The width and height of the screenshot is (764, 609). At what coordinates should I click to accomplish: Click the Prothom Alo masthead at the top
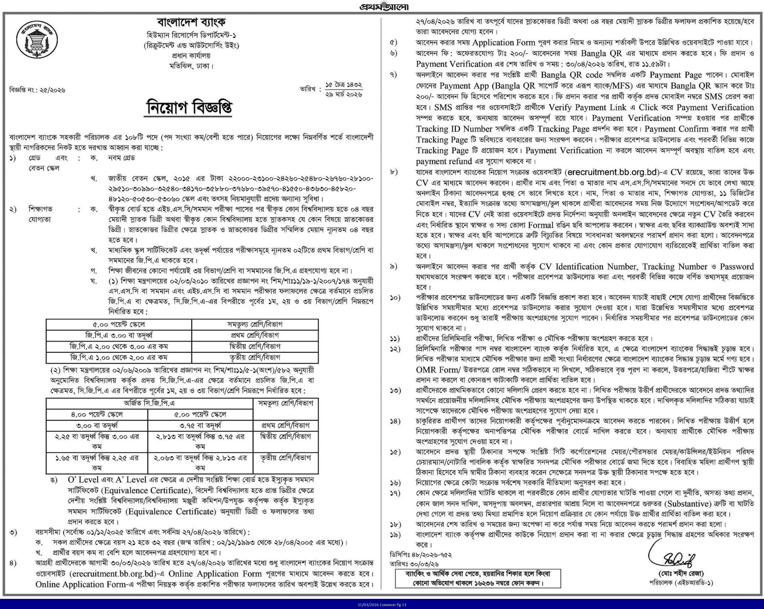tap(384, 6)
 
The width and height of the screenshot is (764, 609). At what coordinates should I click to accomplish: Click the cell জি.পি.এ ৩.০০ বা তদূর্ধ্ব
tap(119, 335)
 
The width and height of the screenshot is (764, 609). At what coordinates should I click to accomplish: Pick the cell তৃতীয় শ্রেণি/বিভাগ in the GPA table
tap(254, 357)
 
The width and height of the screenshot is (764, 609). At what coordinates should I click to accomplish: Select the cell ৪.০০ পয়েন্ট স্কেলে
tap(97, 414)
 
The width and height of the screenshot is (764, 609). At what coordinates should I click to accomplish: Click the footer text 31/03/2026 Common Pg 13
tap(382, 605)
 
